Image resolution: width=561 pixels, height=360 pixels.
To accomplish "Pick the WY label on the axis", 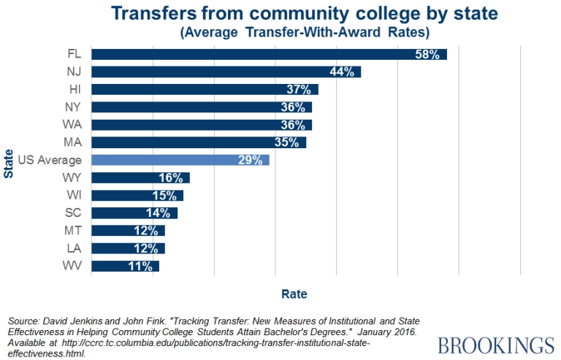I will [x=74, y=177].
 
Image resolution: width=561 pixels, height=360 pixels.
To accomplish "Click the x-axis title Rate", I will [x=294, y=294].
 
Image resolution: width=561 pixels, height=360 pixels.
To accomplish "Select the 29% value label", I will [x=251, y=160].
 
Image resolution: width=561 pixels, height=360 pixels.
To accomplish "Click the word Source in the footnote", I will [x=24, y=321].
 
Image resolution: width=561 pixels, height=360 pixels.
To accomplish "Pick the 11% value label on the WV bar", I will [x=140, y=267].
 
